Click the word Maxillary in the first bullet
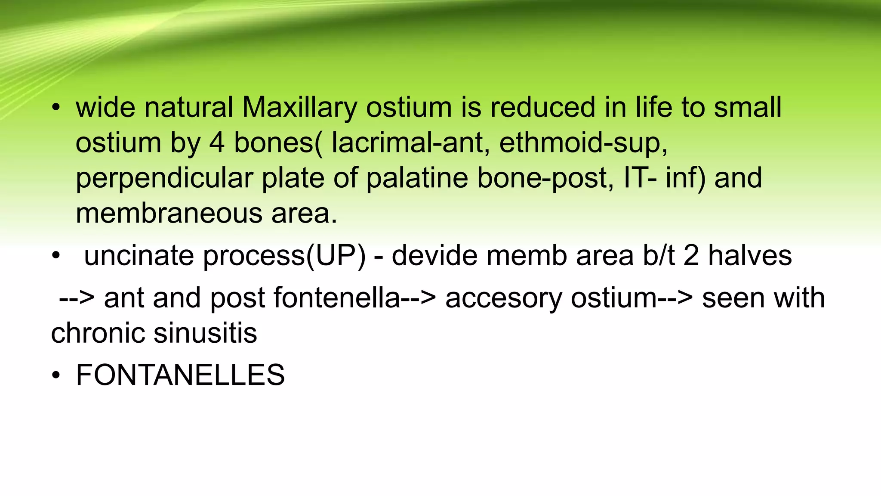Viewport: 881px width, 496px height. (299, 108)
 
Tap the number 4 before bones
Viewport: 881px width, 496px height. (216, 143)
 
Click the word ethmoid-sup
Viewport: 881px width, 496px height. (583, 143)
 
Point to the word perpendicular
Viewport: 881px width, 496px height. (164, 178)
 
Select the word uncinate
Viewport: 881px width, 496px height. (139, 256)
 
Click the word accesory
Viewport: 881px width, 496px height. (503, 298)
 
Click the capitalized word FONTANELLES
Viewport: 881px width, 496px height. (180, 375)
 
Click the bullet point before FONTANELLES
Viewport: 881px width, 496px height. (55, 375)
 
